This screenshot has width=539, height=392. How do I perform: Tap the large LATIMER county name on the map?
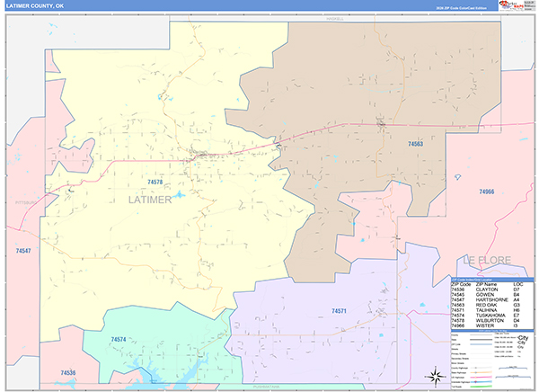point(143,199)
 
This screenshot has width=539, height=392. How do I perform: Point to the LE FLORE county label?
point(486,260)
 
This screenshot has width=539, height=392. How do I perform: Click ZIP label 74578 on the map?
point(154,182)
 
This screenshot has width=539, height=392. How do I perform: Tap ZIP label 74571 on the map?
point(339,310)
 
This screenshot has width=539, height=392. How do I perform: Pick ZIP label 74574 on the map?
point(119,339)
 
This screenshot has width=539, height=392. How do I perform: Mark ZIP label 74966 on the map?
point(487,191)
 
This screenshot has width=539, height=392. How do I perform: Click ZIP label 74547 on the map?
point(23,250)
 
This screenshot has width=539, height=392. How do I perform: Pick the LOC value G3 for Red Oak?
point(517,304)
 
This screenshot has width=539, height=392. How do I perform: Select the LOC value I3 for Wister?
point(517,325)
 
